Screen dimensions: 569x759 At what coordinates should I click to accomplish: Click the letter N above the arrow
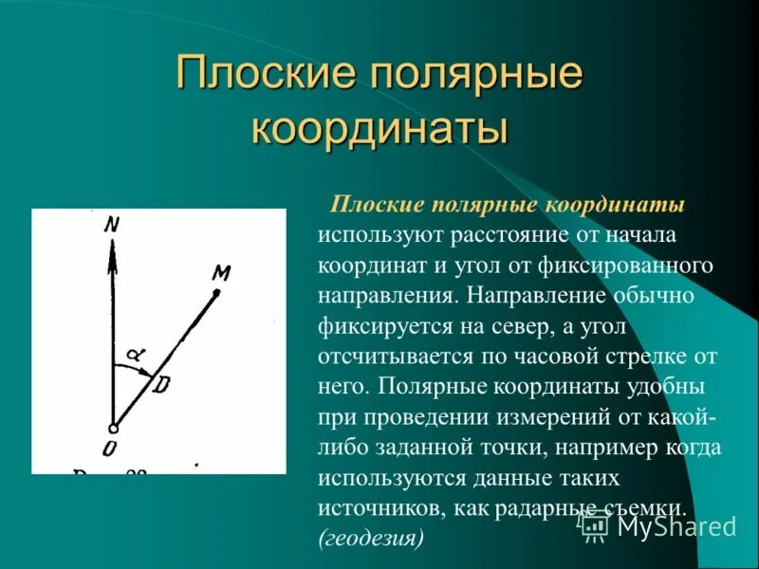(113, 225)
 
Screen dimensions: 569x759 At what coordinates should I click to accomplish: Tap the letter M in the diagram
(222, 274)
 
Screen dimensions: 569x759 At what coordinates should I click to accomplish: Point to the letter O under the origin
(110, 447)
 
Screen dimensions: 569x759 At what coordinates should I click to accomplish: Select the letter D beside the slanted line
(163, 385)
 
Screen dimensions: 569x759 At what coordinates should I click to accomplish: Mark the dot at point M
(216, 293)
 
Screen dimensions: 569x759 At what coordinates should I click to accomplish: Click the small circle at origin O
(112, 428)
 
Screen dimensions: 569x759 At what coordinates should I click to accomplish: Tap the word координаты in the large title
(379, 129)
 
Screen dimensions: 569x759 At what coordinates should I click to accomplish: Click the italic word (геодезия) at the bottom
(370, 538)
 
